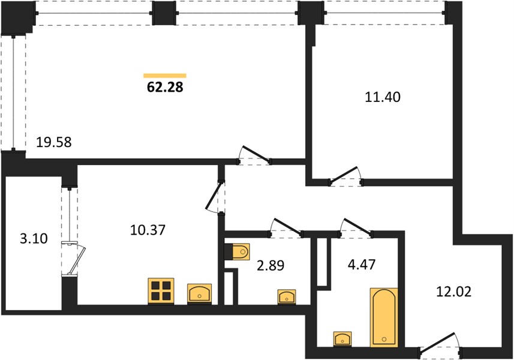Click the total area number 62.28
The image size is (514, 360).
pos(165,87)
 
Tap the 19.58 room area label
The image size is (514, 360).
pos(54,142)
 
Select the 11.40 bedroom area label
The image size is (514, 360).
pos(383,97)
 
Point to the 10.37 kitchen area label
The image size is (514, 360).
pos(148,230)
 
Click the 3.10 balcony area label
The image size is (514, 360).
pos(34,238)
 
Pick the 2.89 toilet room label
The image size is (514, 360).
pos(270,265)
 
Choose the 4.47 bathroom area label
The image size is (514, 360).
pos(362,264)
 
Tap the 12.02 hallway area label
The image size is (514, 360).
pos(453,291)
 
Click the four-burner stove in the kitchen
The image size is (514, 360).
pos(161,291)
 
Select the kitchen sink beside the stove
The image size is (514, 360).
pos(199,294)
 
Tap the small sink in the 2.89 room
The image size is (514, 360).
pos(287,297)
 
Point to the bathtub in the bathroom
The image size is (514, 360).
pos(384,317)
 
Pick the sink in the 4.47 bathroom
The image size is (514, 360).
pos(342,338)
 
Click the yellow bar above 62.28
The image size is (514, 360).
pos(165,76)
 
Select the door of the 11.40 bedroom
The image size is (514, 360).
pos(346,176)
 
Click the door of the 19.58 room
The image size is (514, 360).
pos(255,155)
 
